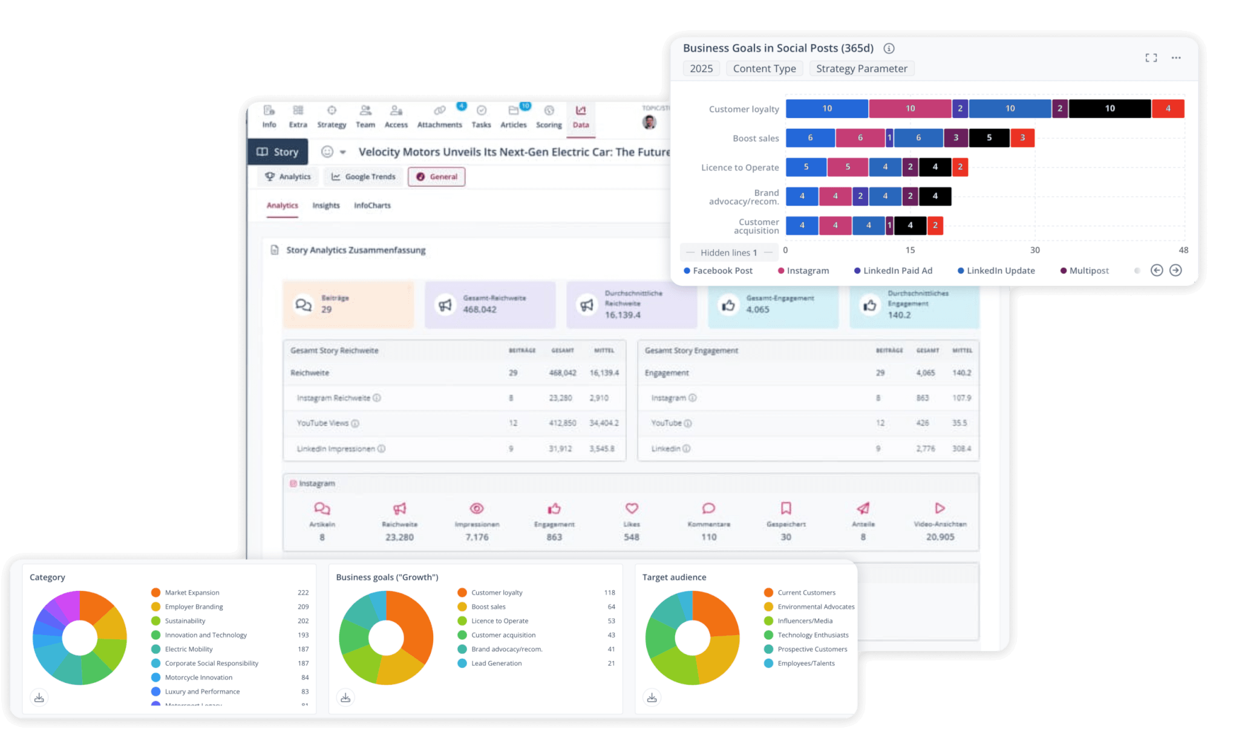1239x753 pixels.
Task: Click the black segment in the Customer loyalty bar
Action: [x=1110, y=109]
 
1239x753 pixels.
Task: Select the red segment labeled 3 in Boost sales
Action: [x=1022, y=138]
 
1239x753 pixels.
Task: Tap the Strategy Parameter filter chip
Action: [x=861, y=69]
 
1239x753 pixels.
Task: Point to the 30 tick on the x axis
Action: [x=1035, y=250]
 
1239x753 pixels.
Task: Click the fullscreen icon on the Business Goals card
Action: [x=1151, y=58]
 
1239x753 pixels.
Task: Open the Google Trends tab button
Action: [x=364, y=177]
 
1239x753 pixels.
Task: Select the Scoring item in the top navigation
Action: [x=549, y=117]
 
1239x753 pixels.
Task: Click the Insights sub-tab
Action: [x=325, y=206]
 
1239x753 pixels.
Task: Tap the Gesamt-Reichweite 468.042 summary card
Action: [x=489, y=305]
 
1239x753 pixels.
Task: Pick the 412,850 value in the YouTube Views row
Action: [x=562, y=423]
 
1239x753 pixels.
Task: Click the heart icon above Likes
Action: [x=632, y=509]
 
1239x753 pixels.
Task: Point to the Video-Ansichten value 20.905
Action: [x=940, y=537]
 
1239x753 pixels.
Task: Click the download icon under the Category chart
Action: [x=39, y=698]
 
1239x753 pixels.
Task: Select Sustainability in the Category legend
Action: [x=185, y=621]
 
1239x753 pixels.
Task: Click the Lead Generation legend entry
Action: [x=496, y=663]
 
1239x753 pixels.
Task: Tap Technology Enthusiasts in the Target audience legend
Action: [x=812, y=635]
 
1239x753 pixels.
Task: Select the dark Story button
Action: [x=278, y=152]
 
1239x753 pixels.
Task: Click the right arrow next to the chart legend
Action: [x=1175, y=270]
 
